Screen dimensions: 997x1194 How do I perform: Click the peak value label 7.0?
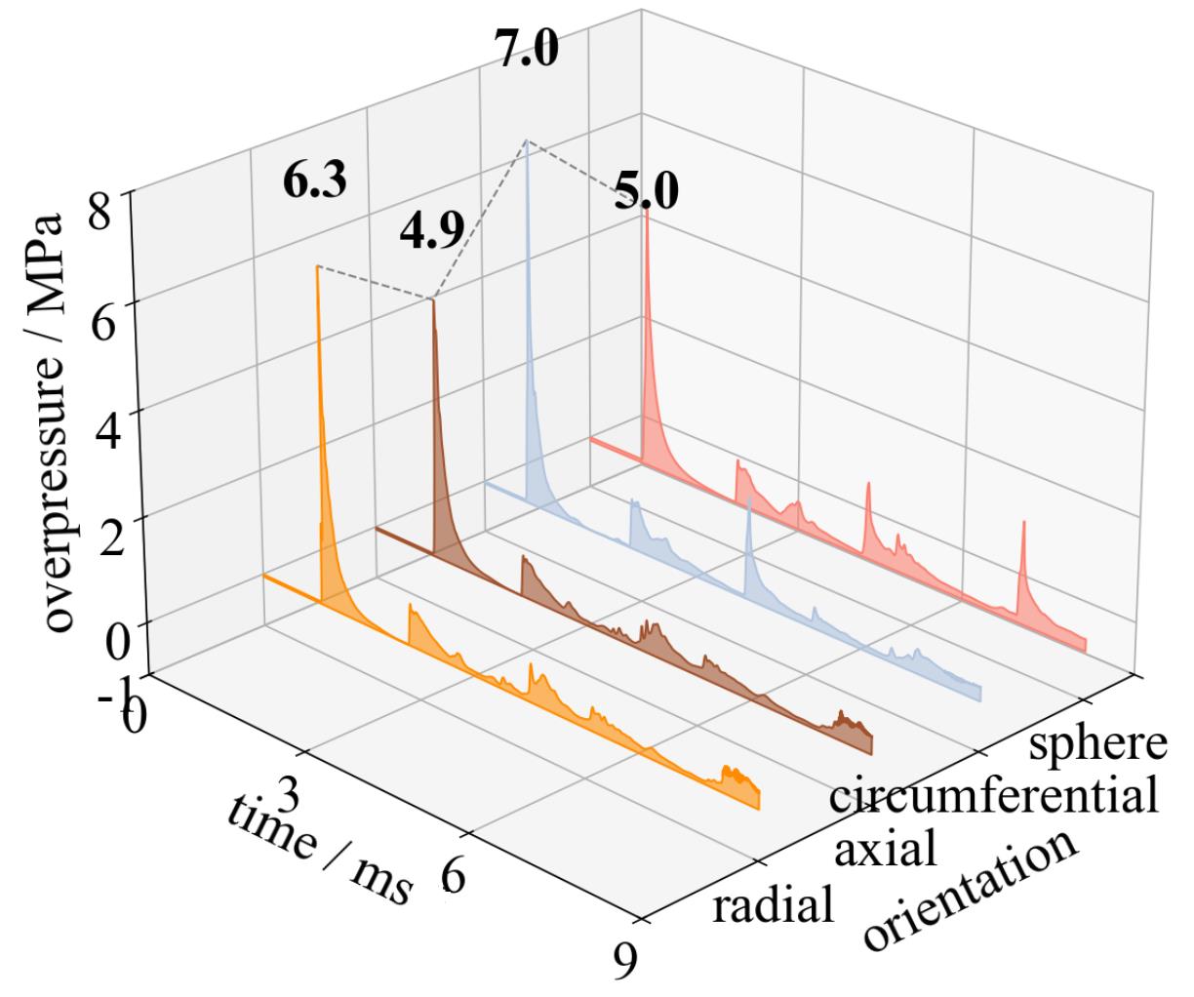tap(527, 49)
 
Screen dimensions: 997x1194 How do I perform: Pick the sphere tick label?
tap(1097, 743)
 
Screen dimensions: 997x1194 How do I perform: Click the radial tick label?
tap(774, 906)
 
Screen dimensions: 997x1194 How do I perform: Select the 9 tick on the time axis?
tap(625, 960)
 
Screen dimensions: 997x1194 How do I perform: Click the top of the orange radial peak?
tap(317, 266)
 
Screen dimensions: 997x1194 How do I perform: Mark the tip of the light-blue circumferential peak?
tap(527, 141)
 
